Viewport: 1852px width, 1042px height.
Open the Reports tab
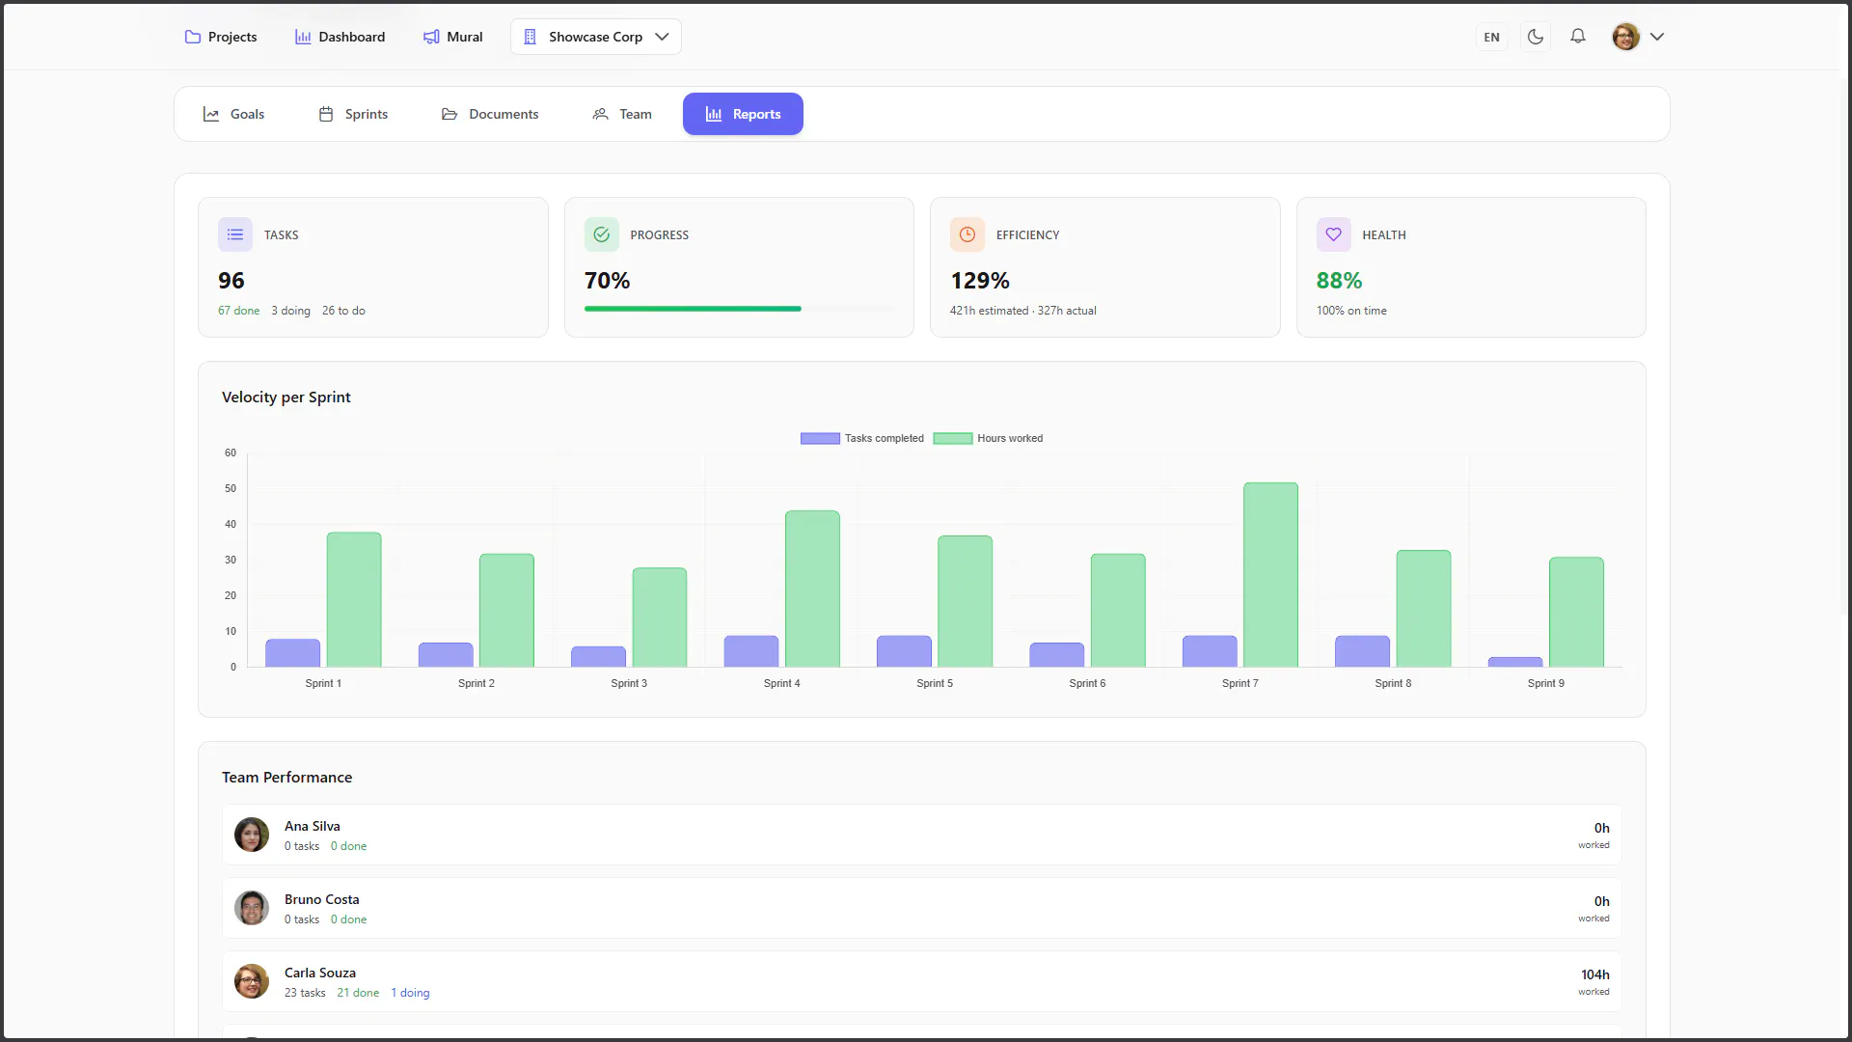pos(743,114)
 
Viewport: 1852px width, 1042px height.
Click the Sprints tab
pos(353,114)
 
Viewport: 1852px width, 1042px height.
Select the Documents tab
pos(490,114)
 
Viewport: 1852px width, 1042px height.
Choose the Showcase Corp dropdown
pos(595,37)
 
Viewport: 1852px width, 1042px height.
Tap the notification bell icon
pos(1578,37)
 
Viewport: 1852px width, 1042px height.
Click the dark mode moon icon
pos(1536,37)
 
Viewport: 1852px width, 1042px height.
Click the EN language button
pos(1492,38)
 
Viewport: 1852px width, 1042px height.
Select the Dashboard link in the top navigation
pos(340,37)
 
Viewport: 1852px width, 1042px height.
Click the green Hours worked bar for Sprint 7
pos(1270,575)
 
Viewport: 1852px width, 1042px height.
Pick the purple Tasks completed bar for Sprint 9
pos(1515,662)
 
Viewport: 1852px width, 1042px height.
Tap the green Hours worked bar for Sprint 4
pos(812,589)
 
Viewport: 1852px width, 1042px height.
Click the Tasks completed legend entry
pos(862,438)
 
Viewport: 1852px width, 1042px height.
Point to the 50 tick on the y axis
pos(231,488)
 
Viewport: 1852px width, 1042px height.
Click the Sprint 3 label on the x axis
pos(629,683)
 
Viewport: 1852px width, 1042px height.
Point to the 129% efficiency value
pos(980,281)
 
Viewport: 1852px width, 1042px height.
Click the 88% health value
pos(1340,281)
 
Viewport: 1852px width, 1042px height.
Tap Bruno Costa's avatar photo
pos(252,908)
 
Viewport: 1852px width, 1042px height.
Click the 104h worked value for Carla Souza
pos(1595,974)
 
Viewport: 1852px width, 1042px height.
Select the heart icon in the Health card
pos(1333,234)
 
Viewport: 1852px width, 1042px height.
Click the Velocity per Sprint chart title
pos(286,398)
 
